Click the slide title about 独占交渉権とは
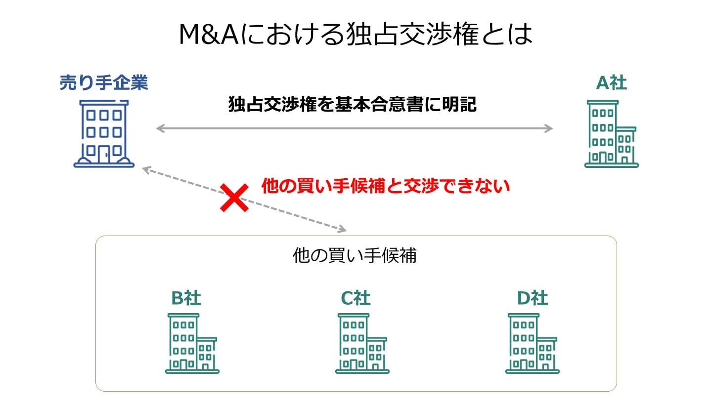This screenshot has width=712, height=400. coord(356,35)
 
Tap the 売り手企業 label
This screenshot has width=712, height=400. coord(104,83)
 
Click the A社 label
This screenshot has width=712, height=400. coord(612,83)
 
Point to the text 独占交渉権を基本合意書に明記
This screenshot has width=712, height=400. coord(352,105)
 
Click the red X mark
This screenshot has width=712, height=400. coord(234,198)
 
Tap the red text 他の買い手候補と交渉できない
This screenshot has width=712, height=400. coord(385,186)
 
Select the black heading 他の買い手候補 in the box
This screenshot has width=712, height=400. coord(355,256)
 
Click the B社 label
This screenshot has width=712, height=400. coord(186,298)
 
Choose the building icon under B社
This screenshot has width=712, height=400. coord(192,343)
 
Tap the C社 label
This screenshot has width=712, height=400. coord(356,298)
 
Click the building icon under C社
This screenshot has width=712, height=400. coord(362,343)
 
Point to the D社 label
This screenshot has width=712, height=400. coord(533,298)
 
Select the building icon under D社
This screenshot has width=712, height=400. coord(532,343)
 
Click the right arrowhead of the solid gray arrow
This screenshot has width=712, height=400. coord(548,129)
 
